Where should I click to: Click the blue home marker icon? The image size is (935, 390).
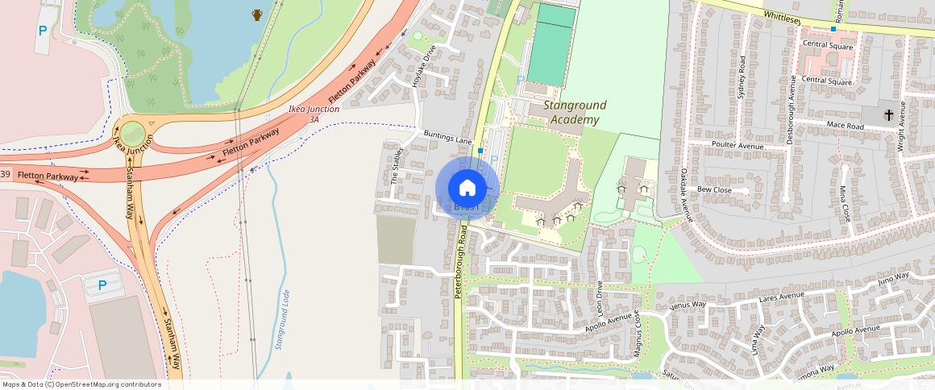tap(467, 188)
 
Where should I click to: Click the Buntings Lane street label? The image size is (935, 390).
tap(447, 136)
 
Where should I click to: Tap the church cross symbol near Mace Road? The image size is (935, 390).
tap(888, 115)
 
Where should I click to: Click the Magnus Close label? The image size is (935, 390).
tap(638, 332)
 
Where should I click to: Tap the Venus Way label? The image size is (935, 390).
tap(688, 305)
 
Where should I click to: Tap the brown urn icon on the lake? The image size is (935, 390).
tap(257, 15)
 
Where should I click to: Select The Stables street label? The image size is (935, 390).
tap(395, 168)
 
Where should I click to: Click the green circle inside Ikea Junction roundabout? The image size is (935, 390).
tap(132, 133)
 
